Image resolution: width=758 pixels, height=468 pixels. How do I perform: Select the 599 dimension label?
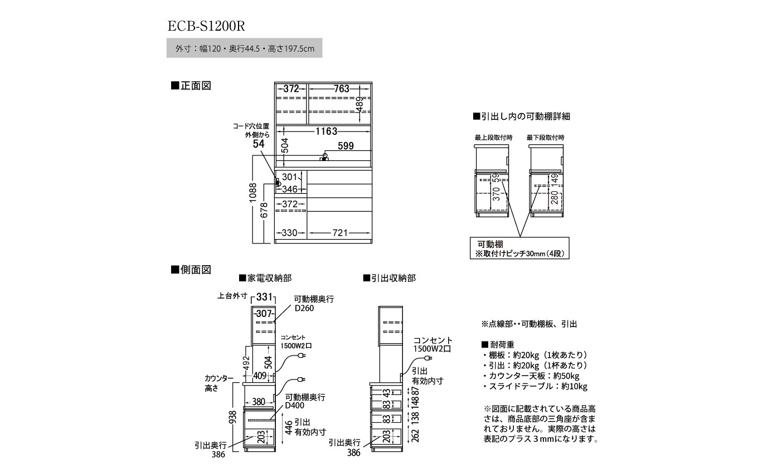coord(346,146)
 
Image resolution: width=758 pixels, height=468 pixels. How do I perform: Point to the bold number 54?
coord(258,144)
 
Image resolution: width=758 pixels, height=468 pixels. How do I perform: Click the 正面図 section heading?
coord(191,86)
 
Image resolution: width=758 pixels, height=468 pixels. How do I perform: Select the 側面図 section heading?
coord(191,270)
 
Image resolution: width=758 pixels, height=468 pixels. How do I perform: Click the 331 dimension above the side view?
coord(264,297)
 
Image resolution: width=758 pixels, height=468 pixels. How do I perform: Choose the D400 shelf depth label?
coord(295,406)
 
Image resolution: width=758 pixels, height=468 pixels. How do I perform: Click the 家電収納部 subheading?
coord(265,277)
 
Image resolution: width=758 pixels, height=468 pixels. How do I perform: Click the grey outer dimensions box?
coord(244,48)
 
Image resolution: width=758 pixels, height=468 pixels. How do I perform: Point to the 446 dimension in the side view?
coord(288,428)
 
